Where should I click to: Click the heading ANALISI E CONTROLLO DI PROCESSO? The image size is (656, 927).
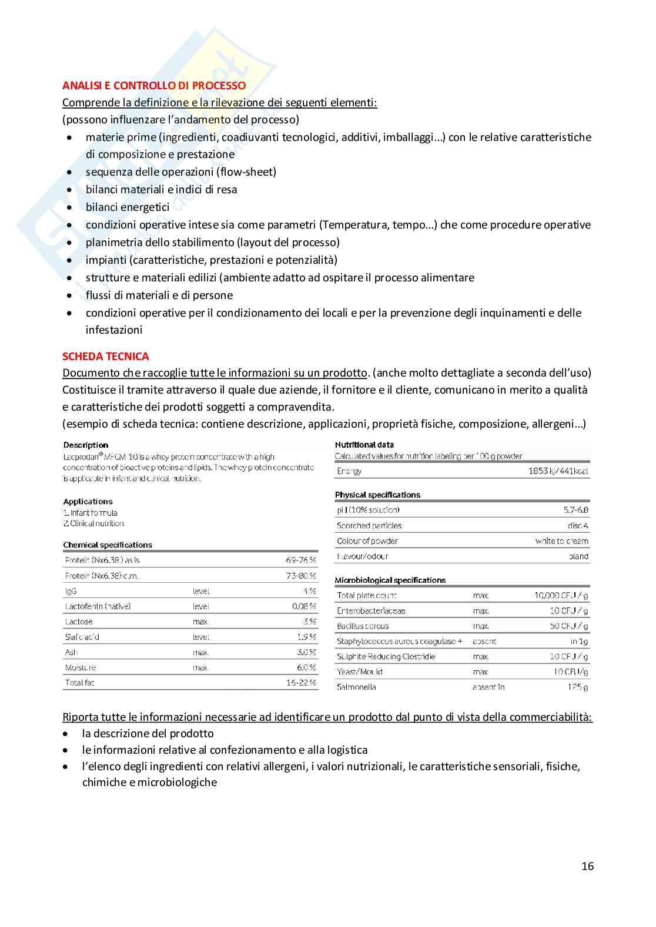pyautogui.click(x=154, y=86)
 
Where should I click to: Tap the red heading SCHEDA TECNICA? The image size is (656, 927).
pyautogui.click(x=106, y=357)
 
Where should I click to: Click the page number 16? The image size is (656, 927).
pyautogui.click(x=587, y=866)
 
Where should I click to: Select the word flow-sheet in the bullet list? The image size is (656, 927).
pyautogui.click(x=246, y=172)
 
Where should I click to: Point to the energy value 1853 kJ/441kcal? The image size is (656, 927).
pyautogui.click(x=558, y=471)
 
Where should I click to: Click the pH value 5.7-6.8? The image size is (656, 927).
pyautogui.click(x=575, y=510)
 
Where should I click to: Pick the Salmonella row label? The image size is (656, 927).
pyautogui.click(x=356, y=687)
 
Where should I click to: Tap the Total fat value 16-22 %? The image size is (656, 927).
pyautogui.click(x=301, y=683)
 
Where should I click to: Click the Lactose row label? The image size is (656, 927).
pyautogui.click(x=79, y=622)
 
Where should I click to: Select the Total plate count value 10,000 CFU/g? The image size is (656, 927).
pyautogui.click(x=561, y=595)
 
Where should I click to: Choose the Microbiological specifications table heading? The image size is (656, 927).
pyautogui.click(x=390, y=580)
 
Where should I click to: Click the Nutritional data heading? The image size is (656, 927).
pyautogui.click(x=364, y=445)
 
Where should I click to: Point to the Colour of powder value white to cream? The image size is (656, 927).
pyautogui.click(x=561, y=541)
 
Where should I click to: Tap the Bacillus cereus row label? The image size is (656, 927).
pyautogui.click(x=363, y=626)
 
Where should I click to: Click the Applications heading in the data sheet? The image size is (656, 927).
pyautogui.click(x=88, y=502)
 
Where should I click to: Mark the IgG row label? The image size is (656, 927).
pyautogui.click(x=71, y=591)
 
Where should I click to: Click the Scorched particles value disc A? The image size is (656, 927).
pyautogui.click(x=578, y=526)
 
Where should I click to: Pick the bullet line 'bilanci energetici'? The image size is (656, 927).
pyautogui.click(x=128, y=207)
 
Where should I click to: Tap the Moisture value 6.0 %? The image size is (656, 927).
pyautogui.click(x=306, y=667)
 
